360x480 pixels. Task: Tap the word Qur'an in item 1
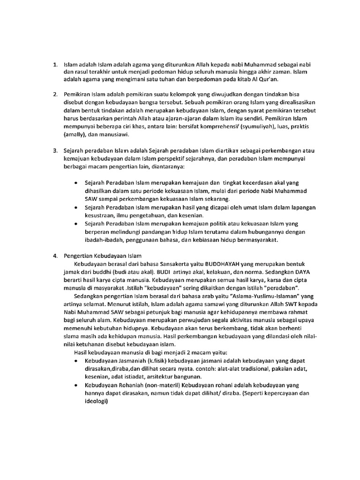(266, 80)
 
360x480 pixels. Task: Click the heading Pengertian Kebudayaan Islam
(103, 256)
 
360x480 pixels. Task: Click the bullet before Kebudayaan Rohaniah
(76, 385)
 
